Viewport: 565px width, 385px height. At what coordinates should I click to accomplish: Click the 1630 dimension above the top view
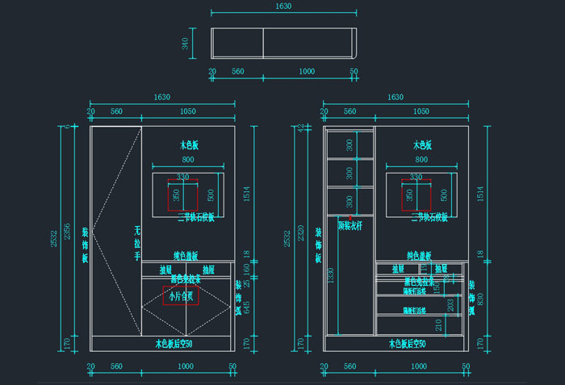coord(282,6)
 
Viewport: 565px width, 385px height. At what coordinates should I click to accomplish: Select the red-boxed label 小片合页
coord(180,296)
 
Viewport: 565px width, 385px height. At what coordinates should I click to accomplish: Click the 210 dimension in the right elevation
coord(439,324)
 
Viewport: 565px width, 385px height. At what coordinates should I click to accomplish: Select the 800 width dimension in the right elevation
coord(421,161)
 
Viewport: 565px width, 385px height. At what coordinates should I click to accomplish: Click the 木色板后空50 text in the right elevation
coord(419,344)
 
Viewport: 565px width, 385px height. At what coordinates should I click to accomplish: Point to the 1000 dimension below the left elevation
coord(185,366)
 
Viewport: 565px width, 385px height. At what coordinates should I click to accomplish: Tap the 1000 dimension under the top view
coord(307,71)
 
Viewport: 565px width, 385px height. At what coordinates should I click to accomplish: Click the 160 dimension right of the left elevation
coord(247,268)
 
